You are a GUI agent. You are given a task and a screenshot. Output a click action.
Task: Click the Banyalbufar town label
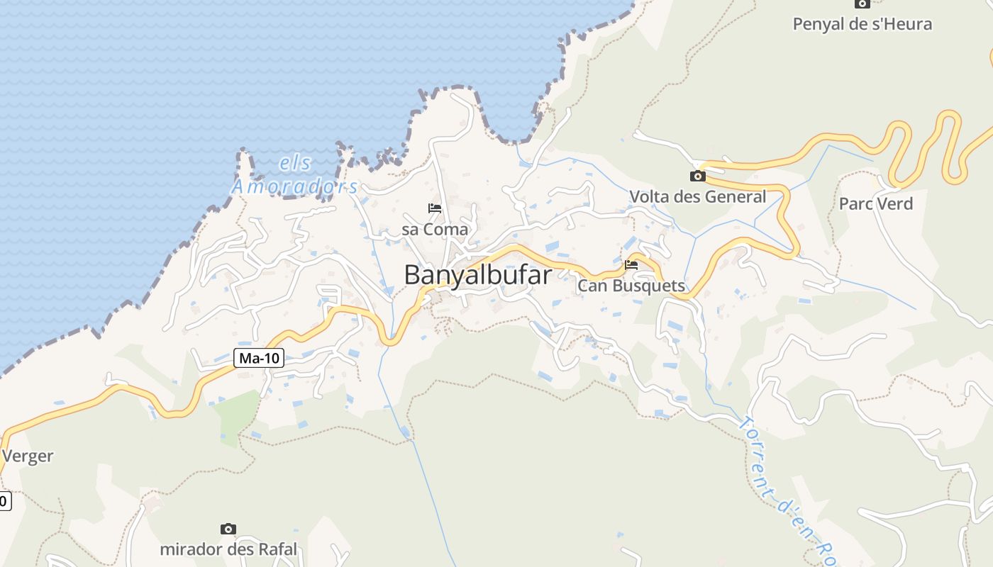point(477,274)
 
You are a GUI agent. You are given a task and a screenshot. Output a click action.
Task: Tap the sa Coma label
point(435,230)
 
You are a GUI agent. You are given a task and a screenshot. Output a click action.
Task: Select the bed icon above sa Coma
point(435,208)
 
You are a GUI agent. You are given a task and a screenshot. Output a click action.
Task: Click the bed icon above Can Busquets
point(631,265)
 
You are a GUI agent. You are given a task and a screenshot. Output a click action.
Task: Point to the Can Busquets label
point(631,286)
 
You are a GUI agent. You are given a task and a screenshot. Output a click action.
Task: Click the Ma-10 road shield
point(259,358)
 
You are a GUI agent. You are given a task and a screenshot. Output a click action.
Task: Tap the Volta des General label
point(698,196)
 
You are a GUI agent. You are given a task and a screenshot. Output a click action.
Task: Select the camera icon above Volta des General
point(698,176)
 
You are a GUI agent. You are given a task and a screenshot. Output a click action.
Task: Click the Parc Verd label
point(876,204)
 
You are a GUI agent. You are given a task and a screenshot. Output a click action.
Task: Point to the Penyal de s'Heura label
point(862,24)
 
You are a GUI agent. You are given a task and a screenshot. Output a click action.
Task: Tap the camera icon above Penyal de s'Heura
point(862,4)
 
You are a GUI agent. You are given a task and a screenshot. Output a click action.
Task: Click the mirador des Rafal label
point(228,549)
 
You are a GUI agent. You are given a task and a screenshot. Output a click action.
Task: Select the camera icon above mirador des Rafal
point(228,529)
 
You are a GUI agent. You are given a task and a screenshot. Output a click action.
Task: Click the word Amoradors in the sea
point(295,186)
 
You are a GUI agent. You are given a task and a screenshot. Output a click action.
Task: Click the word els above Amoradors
point(296,163)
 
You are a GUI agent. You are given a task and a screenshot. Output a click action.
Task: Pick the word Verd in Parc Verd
point(895,204)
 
